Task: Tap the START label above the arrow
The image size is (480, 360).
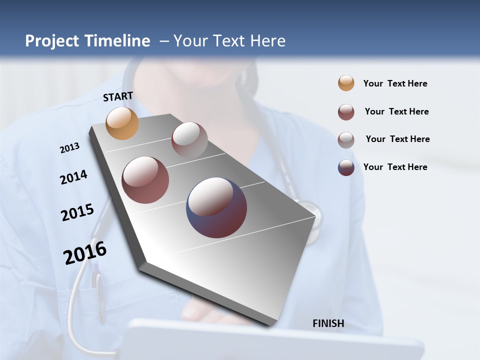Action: coord(118,96)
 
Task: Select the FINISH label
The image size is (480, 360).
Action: coord(328,323)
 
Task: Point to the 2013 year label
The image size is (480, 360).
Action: coord(69,148)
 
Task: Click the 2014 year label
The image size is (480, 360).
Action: coord(73,177)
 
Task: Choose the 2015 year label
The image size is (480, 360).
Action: coord(77,212)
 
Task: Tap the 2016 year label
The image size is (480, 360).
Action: coord(85,253)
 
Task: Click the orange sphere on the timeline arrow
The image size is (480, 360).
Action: coord(122,123)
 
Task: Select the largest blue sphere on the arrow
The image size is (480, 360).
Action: coord(216,207)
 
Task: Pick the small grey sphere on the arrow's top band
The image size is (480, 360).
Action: coord(189,140)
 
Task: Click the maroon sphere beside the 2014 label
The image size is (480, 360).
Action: coord(145,180)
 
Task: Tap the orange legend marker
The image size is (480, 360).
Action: coord(346,83)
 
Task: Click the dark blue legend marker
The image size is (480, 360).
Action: coord(346,167)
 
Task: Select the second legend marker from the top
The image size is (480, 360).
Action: coord(346,112)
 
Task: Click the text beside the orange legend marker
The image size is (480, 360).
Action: coord(395,83)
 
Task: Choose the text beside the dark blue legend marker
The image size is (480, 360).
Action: coord(395,167)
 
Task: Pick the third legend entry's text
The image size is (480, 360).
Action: coord(397,139)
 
